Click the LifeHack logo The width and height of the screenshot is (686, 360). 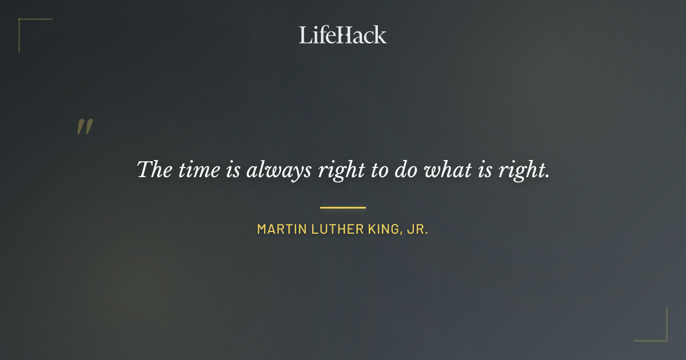pos(342,35)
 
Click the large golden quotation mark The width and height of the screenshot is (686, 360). pos(85,127)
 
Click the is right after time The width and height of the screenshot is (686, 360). pos(233,170)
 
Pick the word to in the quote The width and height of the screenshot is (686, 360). pos(379,170)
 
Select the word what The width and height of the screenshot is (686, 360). pos(445,170)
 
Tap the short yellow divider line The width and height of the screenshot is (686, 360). pos(342,207)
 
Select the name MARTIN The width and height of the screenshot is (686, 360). pos(281,230)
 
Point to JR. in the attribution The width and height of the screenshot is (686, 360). pos(418,230)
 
